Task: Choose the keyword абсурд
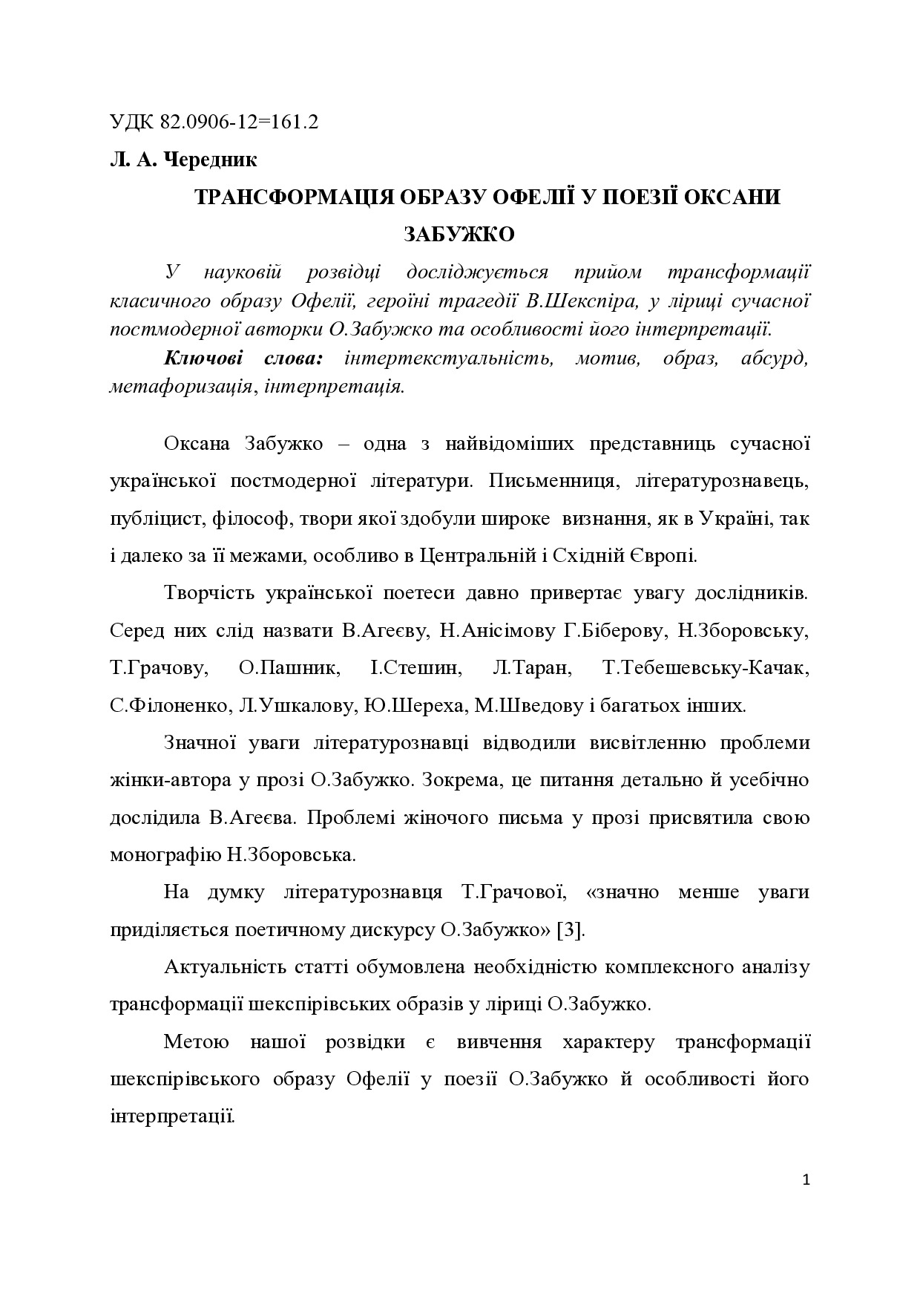(774, 359)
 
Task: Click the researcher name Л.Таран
(531, 667)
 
